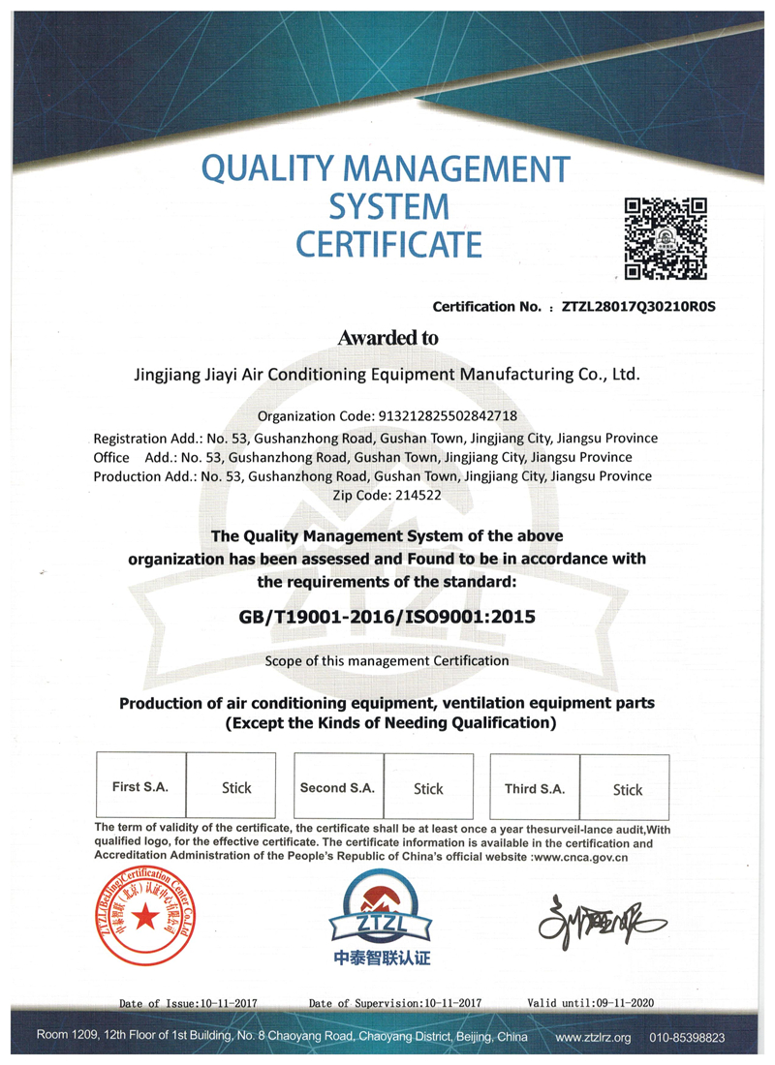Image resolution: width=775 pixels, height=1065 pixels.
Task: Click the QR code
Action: point(665,238)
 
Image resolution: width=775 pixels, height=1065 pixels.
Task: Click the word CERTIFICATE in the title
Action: point(388,243)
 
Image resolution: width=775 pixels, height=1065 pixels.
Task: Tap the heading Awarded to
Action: point(387,338)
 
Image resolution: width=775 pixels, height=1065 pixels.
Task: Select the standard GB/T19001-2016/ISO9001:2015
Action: point(387,615)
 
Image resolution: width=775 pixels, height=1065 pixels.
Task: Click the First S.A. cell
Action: point(140,787)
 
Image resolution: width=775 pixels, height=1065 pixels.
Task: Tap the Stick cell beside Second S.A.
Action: point(428,789)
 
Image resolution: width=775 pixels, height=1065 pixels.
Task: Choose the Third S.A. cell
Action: point(535,789)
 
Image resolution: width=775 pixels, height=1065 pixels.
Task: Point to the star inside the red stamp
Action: point(144,915)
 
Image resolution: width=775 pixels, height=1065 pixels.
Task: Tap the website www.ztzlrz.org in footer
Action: point(593,1037)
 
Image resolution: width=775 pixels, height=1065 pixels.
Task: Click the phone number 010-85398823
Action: point(688,1037)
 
